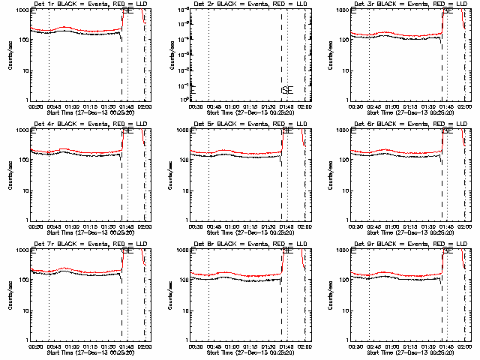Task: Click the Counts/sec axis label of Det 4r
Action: [x=10, y=173]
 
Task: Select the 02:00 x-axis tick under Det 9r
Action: [x=463, y=346]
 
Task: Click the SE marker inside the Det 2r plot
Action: [x=287, y=91]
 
